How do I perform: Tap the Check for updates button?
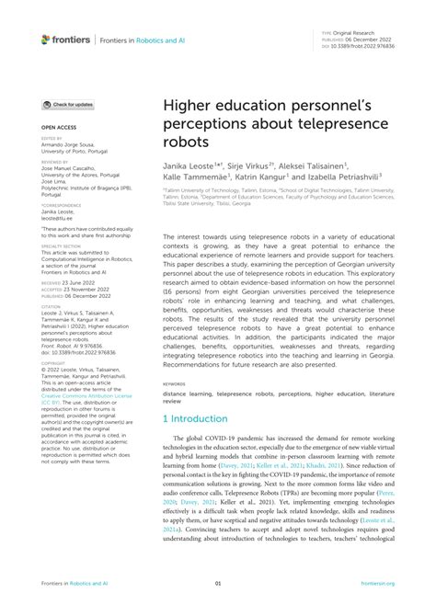pos(68,105)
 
